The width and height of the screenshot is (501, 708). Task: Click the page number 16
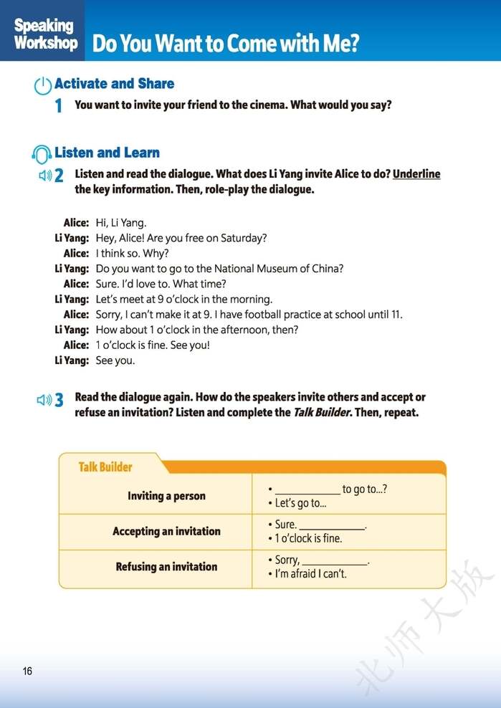[27, 671]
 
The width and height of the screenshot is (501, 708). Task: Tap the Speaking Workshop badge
[44, 34]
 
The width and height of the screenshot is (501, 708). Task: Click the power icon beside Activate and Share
[43, 85]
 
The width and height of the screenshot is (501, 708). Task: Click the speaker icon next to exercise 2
[45, 175]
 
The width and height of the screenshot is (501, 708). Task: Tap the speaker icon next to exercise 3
[45, 400]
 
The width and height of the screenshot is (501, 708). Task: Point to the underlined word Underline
[416, 174]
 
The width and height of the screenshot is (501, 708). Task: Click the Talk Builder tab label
[105, 467]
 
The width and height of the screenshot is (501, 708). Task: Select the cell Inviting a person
[166, 496]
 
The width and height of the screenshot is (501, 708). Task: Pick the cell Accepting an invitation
[166, 531]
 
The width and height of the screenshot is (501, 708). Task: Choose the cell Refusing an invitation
[166, 567]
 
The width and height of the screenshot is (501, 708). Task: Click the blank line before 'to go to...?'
[307, 491]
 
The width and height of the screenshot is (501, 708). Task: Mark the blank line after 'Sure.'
[332, 526]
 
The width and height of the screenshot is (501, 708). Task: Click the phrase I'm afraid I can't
[311, 574]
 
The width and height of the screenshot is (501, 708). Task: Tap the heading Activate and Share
[115, 84]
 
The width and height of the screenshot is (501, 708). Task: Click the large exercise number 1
[59, 106]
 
